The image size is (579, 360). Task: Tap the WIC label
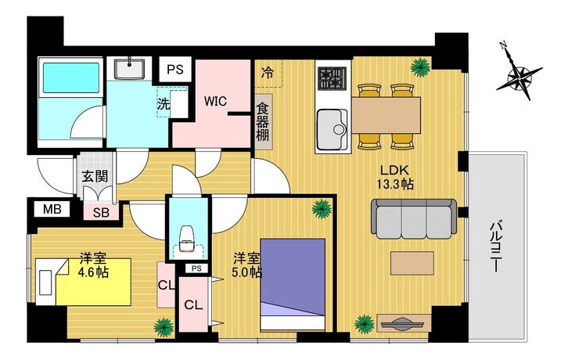(215, 101)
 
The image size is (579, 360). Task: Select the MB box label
(52, 210)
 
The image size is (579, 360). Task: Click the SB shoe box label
(101, 213)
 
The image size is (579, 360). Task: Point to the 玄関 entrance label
(95, 176)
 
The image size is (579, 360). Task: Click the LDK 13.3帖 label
(395, 177)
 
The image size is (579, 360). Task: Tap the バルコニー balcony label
(495, 246)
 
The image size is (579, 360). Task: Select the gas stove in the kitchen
(332, 78)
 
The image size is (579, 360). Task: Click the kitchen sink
(333, 129)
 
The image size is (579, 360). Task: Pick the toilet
(187, 238)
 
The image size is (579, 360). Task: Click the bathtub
(71, 78)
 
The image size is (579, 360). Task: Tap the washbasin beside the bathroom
(129, 68)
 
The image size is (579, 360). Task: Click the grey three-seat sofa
(414, 219)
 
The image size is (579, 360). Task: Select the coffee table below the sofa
(412, 263)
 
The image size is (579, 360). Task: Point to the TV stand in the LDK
(404, 323)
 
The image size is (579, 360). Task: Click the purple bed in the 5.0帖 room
(293, 285)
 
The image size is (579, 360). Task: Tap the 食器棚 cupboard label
(263, 121)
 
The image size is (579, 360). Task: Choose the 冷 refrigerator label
(267, 73)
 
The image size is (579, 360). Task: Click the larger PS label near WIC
(175, 70)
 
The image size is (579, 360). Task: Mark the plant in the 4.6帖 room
(164, 327)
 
